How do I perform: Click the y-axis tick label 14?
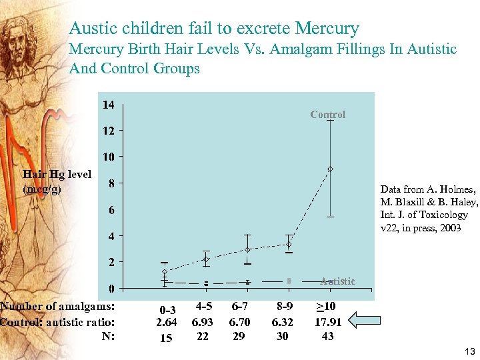[108, 105]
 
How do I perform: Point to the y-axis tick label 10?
[108, 157]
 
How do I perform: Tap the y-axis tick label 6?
[111, 210]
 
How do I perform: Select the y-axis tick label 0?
[111, 289]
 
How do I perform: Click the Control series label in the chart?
[327, 115]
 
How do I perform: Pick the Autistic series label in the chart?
[337, 281]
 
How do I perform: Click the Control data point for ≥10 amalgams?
[330, 169]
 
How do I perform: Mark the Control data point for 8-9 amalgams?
[289, 244]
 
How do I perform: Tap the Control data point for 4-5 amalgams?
[206, 259]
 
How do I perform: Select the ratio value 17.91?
[328, 322]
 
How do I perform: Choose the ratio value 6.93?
[203, 322]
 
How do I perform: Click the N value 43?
[327, 336]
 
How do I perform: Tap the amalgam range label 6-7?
[239, 307]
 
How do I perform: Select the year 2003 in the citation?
[449, 227]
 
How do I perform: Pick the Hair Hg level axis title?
[57, 181]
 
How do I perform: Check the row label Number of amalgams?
[58, 307]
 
